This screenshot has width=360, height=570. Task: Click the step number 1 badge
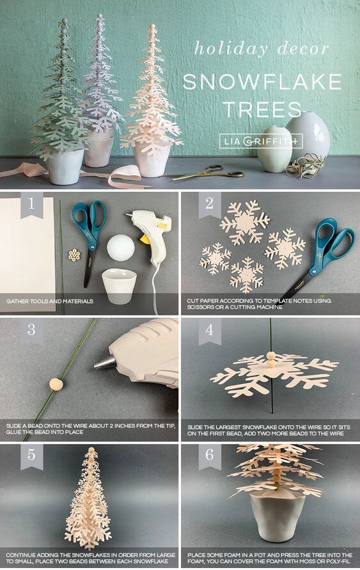pos(31,206)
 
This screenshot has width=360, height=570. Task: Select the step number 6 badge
pos(210,456)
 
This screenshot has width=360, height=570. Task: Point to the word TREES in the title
pos(253,109)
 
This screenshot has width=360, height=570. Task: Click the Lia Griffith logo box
pos(260,141)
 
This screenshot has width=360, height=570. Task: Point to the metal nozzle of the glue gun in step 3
pos(104,363)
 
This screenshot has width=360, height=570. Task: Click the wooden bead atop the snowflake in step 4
pos(270,356)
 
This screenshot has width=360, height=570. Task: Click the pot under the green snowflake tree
pos(66,166)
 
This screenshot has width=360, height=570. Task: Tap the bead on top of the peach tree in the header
pos(152,28)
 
